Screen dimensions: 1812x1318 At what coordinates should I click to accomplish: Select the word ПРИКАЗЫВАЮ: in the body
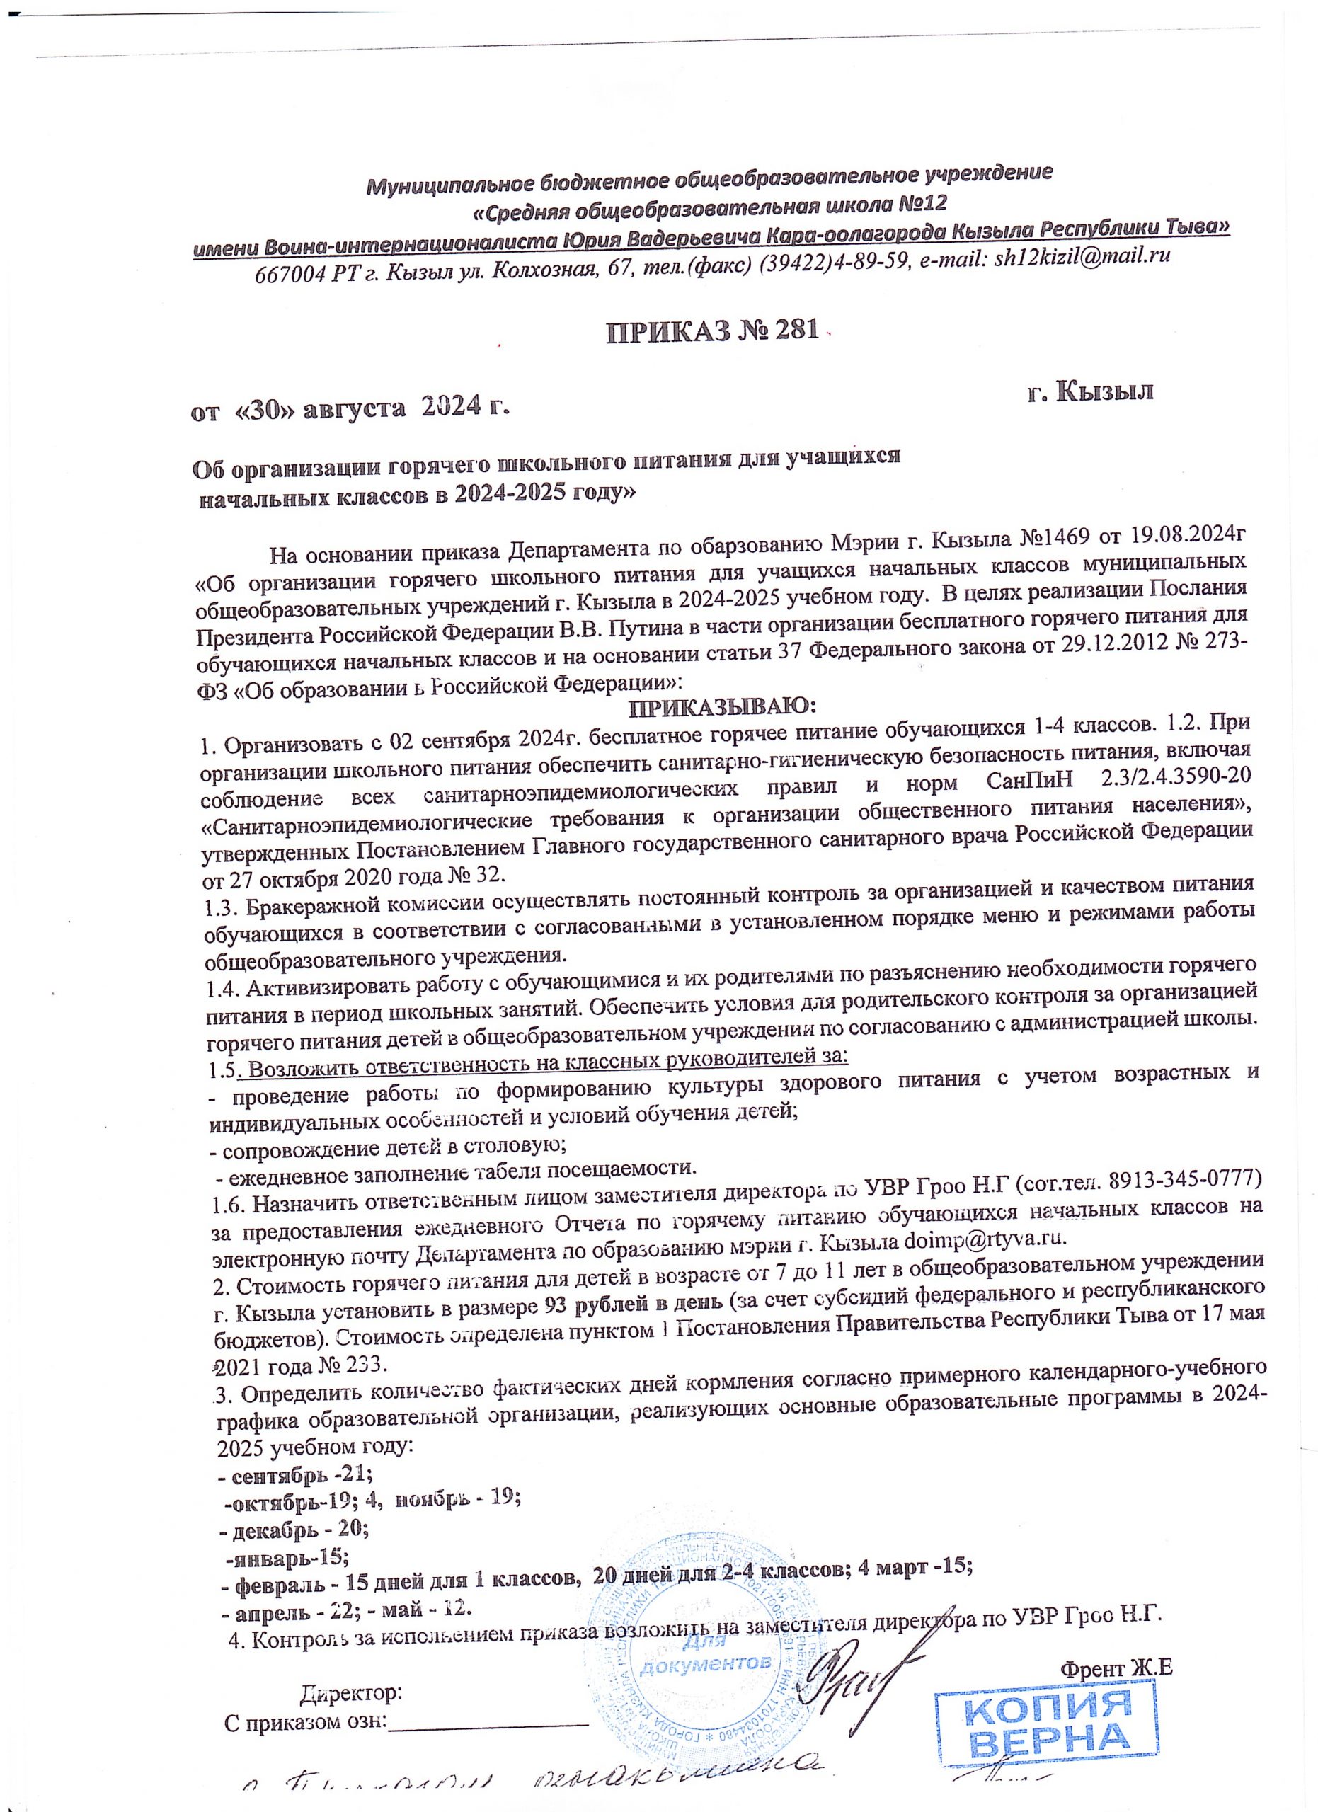tap(722, 707)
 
